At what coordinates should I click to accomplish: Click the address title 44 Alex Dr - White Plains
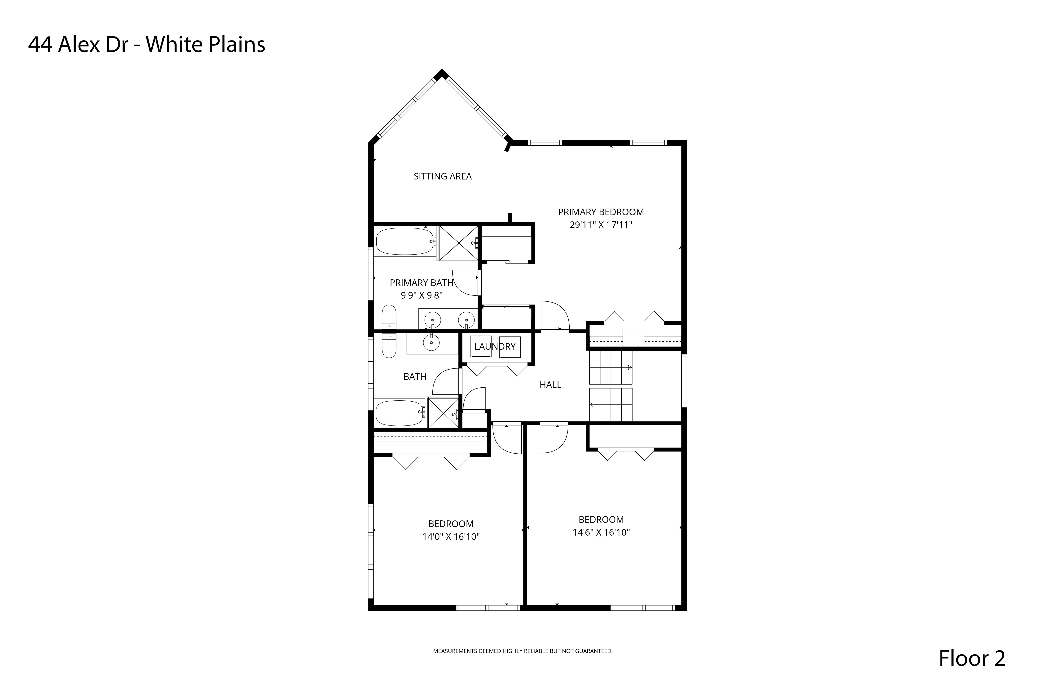147,45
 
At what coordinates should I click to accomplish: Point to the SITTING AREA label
443,176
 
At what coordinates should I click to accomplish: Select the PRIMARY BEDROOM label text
601,212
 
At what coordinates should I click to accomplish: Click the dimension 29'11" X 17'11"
601,225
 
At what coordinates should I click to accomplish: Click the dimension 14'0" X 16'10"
451,537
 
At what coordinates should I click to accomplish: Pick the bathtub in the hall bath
399,413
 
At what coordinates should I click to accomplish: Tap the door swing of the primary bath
465,283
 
